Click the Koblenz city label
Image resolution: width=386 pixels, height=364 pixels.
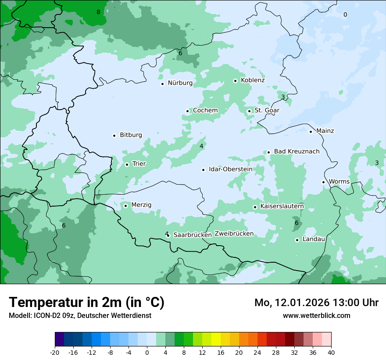coord(253,80)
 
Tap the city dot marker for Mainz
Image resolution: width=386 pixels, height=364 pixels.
coord(311,132)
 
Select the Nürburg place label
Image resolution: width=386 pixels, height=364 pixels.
coord(180,83)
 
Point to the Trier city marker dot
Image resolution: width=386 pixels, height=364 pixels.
coord(127,165)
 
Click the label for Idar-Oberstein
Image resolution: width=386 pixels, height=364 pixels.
coord(230,169)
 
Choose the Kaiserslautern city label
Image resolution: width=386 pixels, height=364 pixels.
coord(282,207)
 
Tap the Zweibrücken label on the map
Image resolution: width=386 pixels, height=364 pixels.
coord(234,234)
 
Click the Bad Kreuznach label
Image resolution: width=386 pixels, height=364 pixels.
coord(297,151)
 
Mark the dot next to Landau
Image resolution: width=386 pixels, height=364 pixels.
coord(297,240)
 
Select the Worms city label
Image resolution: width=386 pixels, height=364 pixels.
coord(339,182)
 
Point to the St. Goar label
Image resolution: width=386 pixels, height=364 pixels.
coord(267,111)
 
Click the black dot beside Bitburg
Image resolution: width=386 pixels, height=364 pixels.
coord(114,136)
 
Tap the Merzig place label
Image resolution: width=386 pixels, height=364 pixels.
coord(141,205)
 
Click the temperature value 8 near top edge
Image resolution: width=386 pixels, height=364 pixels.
coord(98,12)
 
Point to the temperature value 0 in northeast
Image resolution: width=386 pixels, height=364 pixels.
coord(345,15)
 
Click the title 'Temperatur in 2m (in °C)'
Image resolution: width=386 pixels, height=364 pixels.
coord(86,303)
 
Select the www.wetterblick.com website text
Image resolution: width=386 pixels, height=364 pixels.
coord(316,315)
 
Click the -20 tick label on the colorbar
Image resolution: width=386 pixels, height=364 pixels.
coord(55,353)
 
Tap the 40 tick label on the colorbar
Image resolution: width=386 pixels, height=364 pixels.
coord(331,353)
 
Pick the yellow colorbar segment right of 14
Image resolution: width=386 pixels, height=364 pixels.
coord(216,339)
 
